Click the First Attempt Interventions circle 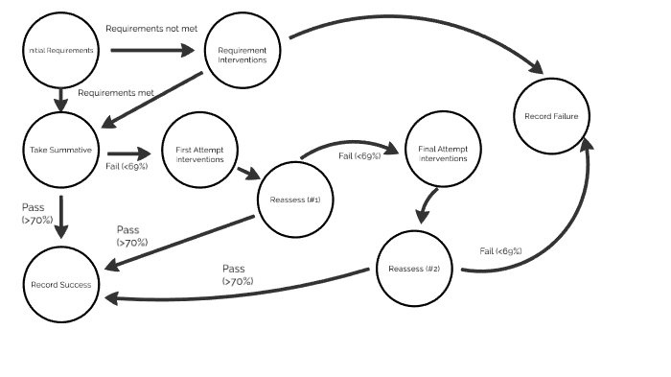tap(199, 153)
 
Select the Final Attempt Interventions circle tap(443, 153)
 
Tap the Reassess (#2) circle tap(414, 269)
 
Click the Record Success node tap(59, 285)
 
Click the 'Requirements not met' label tap(150, 29)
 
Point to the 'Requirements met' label tap(116, 93)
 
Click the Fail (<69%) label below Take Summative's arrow tap(127, 165)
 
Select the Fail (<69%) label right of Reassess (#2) tap(500, 251)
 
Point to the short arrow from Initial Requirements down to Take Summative tap(61, 98)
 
